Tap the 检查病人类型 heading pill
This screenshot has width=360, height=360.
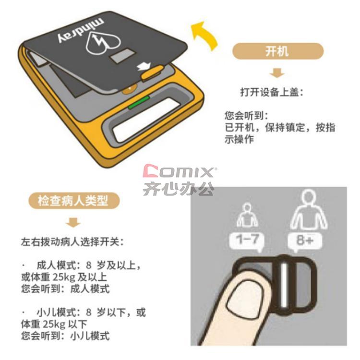pos(74,201)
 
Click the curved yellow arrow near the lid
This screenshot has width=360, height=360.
pos(205,36)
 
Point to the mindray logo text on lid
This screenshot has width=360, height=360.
pos(80,32)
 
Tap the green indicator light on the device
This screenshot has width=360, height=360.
pos(139,102)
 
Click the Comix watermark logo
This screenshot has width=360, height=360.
pos(179,180)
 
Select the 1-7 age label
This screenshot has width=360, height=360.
pos(247,240)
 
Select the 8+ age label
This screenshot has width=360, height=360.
pos(305,240)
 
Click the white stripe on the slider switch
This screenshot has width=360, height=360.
pos(285,285)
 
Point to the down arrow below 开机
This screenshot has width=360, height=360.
pos(277,73)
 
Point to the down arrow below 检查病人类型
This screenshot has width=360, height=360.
pos(73,222)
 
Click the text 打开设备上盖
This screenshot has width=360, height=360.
pos(269,92)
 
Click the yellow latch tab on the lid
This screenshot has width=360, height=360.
pos(152,72)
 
